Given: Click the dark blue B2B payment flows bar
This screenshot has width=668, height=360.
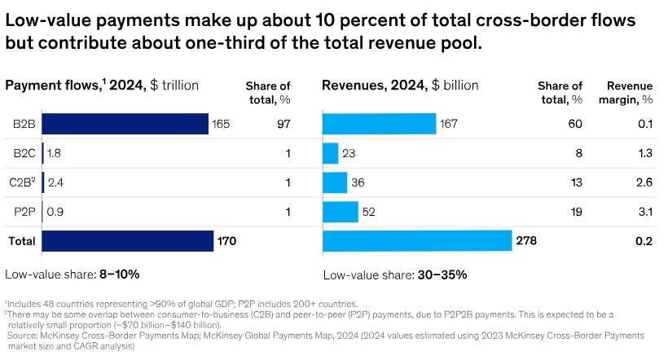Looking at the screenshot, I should click(125, 124).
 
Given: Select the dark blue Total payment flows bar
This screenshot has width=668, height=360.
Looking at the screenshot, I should click(128, 240).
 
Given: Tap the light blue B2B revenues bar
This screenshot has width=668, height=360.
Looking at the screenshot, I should click(380, 124).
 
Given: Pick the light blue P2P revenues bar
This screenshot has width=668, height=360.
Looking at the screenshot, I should click(341, 212).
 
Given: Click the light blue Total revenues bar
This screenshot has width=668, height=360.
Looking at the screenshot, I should click(417, 240).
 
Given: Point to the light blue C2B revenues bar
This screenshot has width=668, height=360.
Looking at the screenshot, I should click(335, 182).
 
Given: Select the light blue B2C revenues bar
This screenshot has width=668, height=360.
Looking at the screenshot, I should click(330, 153).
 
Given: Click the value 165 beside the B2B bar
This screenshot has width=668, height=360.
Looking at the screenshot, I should click(222, 124).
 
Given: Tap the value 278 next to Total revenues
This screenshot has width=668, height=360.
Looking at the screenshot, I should click(526, 240).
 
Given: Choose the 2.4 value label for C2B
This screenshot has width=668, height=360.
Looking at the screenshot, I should click(55, 182).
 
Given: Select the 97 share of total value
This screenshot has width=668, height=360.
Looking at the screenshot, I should click(283, 124).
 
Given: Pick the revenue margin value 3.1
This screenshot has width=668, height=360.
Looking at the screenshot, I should click(646, 212).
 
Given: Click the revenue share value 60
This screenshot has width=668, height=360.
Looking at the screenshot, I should click(575, 124).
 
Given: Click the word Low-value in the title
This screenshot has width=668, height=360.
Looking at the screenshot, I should click(47, 19).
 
